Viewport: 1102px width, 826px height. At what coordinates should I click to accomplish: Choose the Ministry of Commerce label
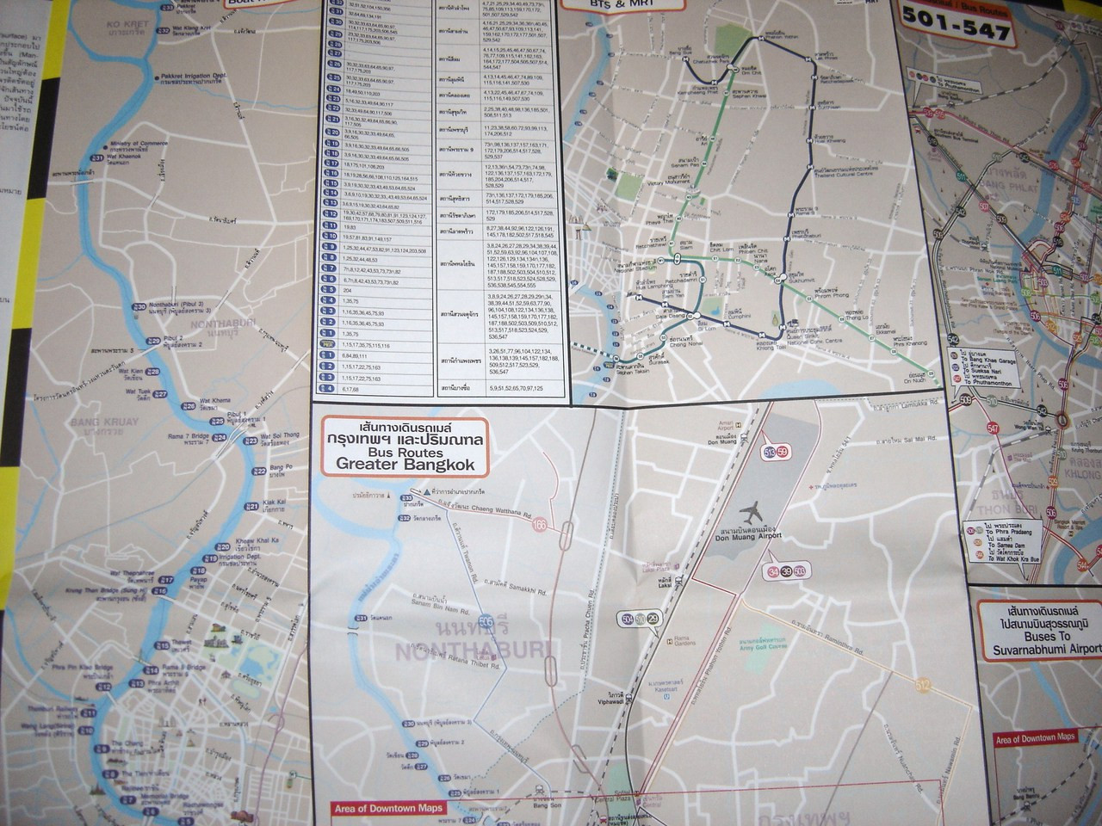(x=141, y=142)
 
